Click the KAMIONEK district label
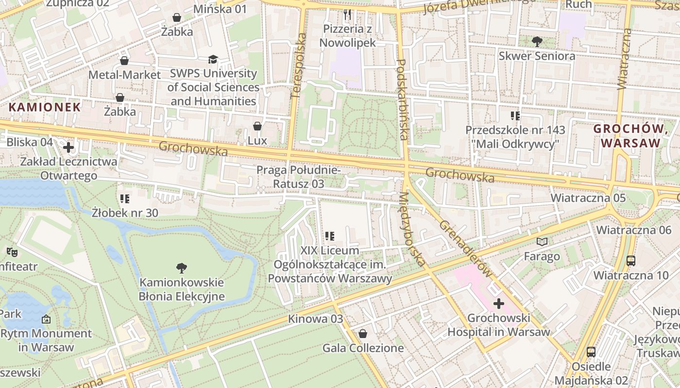45,107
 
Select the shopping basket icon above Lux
257,127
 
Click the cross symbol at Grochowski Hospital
499,304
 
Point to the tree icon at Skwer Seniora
537,42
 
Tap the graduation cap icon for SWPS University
213,60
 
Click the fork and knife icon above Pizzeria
347,15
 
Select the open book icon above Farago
542,242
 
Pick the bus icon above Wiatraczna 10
631,261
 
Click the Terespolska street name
299,66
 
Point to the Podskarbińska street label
403,99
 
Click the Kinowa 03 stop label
315,319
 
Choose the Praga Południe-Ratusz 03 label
298,177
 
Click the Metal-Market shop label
124,75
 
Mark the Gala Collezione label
363,348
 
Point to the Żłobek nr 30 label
125,212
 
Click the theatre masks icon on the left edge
12,252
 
